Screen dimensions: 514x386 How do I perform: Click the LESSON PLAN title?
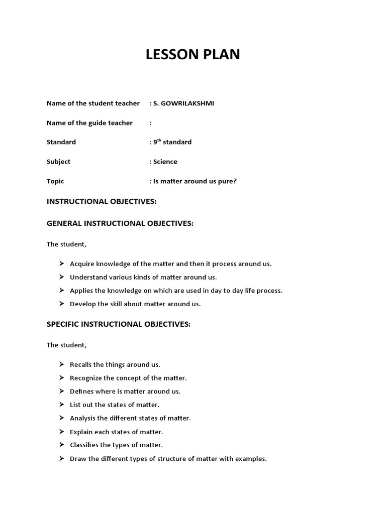click(193, 55)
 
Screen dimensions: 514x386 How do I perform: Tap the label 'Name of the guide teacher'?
click(89, 123)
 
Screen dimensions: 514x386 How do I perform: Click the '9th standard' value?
click(172, 142)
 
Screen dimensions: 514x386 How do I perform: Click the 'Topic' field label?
click(55, 181)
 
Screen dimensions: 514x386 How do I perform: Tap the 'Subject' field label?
click(58, 162)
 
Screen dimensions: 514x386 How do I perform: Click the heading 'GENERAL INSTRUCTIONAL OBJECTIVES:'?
click(120, 223)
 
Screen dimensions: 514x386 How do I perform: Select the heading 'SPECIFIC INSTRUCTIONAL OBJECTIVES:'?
click(119, 324)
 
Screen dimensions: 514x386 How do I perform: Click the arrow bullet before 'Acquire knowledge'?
click(61, 264)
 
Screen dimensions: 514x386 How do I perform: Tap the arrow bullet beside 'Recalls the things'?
click(61, 364)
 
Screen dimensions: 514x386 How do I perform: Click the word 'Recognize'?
click(85, 378)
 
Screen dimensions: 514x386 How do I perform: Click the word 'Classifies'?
click(85, 445)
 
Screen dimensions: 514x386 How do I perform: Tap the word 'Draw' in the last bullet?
click(78, 458)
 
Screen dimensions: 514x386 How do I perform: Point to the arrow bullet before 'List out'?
click(61, 405)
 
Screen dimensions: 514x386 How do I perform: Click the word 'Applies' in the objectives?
click(81, 291)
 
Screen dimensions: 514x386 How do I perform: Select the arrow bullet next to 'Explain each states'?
click(61, 432)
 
